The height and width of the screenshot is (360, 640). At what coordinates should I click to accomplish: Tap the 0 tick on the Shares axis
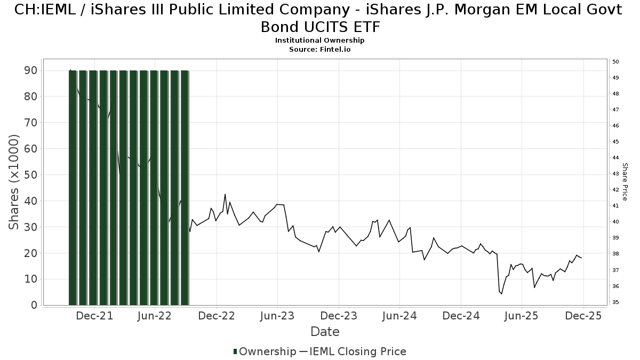coord(33,305)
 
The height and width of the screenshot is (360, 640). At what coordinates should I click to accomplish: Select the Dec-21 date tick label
coord(94,316)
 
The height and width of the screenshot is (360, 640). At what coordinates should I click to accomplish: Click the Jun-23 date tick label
coord(278,316)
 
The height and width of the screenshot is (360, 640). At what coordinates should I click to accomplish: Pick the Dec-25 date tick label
coord(583,316)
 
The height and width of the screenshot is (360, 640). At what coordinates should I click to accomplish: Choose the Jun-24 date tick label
coord(400,316)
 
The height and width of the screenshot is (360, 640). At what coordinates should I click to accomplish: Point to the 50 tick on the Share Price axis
coord(615,62)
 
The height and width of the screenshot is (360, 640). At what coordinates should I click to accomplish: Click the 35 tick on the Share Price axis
coord(615,302)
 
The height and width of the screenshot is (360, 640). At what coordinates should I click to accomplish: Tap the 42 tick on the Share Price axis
coord(615,190)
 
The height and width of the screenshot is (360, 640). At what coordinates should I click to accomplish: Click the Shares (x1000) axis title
coord(14,182)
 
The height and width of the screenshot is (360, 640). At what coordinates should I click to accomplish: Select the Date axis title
coord(325,332)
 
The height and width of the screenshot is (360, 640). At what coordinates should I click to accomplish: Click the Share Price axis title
coord(625,182)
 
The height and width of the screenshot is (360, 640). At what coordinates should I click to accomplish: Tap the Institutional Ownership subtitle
coord(319,41)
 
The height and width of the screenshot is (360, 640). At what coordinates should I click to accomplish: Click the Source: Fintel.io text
coord(319,49)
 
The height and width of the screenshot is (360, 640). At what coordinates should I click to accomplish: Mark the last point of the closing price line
coord(581,258)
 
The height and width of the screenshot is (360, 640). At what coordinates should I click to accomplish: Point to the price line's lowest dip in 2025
coord(501,294)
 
